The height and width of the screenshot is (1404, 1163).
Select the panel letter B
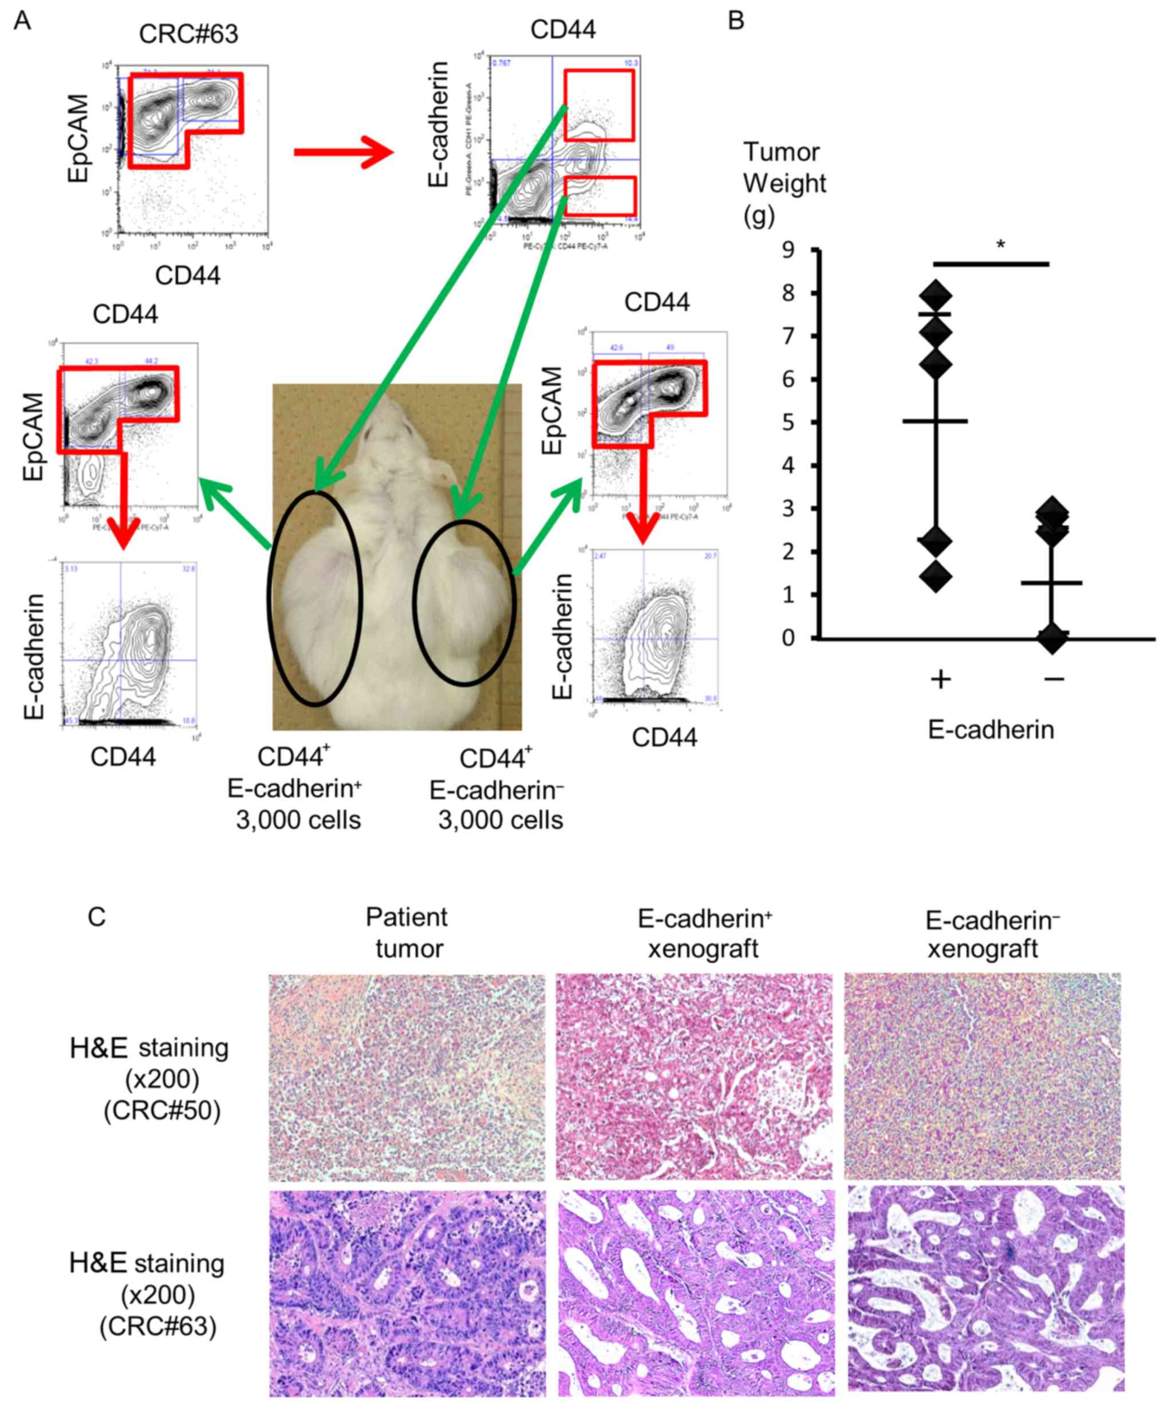(736, 21)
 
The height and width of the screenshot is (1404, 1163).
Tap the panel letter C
(96, 916)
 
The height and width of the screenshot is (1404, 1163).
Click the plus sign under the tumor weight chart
(940, 680)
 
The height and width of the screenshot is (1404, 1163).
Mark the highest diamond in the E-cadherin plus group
(936, 295)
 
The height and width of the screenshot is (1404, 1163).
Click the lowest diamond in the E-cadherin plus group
(936, 576)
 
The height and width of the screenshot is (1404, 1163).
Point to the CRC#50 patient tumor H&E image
(407, 1077)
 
